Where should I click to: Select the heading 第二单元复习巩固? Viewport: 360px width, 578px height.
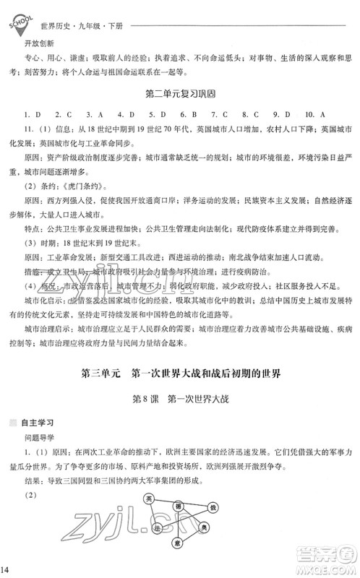[x=181, y=93]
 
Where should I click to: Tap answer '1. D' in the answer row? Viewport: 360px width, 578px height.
[x=30, y=114]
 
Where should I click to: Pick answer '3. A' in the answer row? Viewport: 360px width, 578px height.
[x=93, y=114]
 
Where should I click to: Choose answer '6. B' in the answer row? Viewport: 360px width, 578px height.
[x=187, y=114]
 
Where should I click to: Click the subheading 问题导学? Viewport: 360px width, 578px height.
[x=43, y=436]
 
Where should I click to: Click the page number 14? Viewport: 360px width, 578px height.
[x=6, y=571]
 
